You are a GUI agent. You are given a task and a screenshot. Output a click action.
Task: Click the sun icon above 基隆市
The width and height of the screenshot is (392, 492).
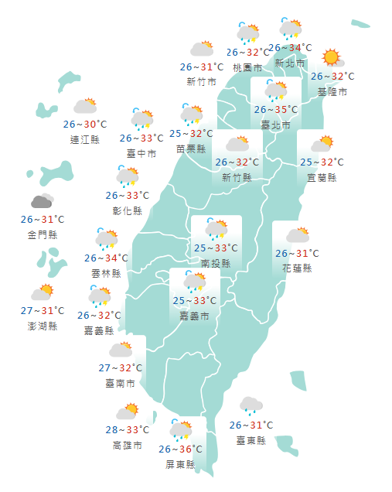(332, 57)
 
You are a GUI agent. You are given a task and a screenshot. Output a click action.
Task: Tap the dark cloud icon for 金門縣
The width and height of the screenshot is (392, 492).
(43, 201)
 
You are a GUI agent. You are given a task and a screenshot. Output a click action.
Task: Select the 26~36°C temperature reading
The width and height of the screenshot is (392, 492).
(180, 449)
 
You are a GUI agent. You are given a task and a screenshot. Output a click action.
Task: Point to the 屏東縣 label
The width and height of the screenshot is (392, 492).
(180, 465)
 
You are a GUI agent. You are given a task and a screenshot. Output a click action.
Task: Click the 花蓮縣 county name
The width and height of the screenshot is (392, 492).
(297, 268)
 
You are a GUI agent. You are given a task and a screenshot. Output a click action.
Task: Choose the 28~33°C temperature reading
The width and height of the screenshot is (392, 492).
(127, 430)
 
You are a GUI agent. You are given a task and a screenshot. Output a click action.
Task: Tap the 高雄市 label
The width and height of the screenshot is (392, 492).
(127, 446)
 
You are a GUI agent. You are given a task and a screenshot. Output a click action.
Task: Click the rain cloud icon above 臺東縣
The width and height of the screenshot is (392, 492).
(251, 405)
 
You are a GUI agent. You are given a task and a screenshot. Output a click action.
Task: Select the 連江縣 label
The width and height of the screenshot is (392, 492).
(85, 139)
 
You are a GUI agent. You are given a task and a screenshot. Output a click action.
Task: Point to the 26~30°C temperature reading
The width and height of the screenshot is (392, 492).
(85, 124)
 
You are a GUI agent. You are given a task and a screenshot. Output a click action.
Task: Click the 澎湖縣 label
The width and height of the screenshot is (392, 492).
(43, 326)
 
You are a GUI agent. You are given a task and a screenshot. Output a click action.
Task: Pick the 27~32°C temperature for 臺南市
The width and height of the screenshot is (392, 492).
(121, 367)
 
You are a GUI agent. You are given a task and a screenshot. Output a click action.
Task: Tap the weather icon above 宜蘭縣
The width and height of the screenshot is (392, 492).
(321, 144)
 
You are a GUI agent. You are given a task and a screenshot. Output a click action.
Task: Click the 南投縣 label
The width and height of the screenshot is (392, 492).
(216, 263)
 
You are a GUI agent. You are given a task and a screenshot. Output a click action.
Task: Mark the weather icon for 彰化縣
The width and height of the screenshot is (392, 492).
(128, 177)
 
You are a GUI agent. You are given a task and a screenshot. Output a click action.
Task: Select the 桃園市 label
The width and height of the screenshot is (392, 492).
(248, 67)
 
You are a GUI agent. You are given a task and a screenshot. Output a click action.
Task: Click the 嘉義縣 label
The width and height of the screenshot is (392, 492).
(99, 330)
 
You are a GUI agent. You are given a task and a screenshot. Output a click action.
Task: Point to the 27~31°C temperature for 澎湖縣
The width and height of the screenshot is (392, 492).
(43, 310)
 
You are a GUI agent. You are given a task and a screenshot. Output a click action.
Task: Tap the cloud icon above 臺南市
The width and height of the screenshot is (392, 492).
(121, 350)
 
